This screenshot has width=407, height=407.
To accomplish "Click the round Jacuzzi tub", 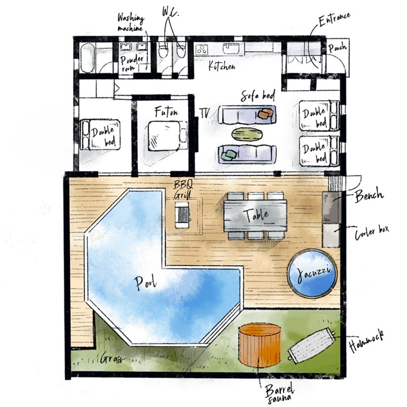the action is click(x=312, y=273).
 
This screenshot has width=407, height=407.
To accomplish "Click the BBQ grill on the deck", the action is click(x=182, y=215).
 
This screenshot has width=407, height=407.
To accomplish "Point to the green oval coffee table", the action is click(x=247, y=134).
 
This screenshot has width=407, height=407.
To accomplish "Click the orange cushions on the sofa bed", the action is click(x=266, y=113).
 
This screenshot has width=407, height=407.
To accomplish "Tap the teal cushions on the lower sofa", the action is click(x=228, y=155).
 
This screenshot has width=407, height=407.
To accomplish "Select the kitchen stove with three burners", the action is click(x=201, y=49).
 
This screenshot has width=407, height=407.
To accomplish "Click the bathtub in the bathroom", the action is click(x=87, y=58).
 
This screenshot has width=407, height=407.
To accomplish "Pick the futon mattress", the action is click(x=167, y=135).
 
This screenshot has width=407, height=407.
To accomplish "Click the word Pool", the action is click(x=146, y=283).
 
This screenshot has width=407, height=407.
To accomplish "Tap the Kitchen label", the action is click(x=222, y=66).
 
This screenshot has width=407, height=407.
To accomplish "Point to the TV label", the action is click(x=205, y=113).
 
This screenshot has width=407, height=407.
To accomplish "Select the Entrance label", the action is click(x=335, y=19).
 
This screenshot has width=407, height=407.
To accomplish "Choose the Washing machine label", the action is click(x=131, y=23).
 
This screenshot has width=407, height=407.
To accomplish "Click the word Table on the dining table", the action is click(x=256, y=215).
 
